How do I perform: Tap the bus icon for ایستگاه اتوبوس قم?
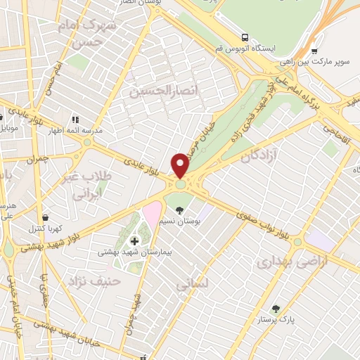[x=244, y=37]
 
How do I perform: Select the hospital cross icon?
[x=134, y=241]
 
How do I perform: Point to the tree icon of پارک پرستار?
[x=275, y=309]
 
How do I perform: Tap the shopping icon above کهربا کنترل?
[x=46, y=217]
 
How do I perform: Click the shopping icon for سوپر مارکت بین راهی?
[x=314, y=51]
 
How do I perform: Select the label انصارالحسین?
[x=157, y=90]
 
